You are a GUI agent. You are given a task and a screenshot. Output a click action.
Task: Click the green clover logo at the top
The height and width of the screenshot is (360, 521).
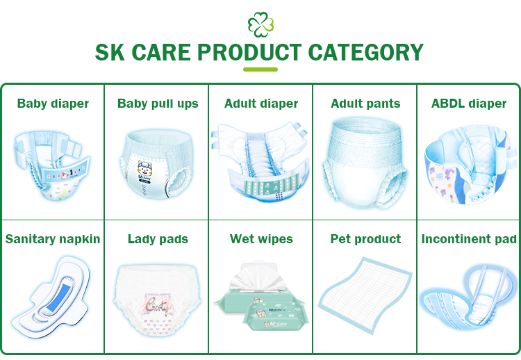coord(260,24)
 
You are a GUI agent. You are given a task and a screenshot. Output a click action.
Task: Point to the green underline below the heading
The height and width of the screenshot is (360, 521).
coord(260,69)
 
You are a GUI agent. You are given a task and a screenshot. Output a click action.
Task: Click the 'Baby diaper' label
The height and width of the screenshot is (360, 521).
coord(53,104)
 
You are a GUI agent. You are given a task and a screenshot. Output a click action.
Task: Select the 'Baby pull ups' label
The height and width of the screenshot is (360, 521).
coord(158,104)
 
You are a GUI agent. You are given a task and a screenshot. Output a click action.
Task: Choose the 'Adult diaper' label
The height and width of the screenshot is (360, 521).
coord(261,104)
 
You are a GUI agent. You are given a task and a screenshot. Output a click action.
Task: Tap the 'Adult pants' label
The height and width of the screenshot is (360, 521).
coord(365,104)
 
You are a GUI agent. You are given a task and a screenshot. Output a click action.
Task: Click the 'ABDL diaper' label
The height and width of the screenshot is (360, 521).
coord(469,104)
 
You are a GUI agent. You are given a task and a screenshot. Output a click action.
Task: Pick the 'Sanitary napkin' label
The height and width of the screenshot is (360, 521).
coord(53,239)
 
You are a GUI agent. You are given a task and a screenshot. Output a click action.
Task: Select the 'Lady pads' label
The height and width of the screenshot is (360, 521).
coord(158,239)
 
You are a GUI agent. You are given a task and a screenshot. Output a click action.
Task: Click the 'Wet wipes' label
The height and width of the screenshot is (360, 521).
coord(261,239)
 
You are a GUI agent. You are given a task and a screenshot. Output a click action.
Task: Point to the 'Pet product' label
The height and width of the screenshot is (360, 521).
coord(365,239)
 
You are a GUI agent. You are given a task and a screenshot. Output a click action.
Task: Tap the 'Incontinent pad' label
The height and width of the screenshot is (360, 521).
coord(469,239)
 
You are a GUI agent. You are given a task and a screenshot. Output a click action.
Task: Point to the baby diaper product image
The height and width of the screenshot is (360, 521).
coord(52,167)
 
